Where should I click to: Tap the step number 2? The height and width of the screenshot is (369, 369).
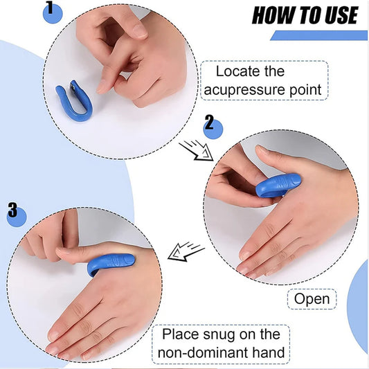pyautogui.click(x=209, y=124)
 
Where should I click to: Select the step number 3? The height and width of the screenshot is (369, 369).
pyautogui.click(x=12, y=210)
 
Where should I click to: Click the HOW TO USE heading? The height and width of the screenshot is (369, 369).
pyautogui.click(x=305, y=15)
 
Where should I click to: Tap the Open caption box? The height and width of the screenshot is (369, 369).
pyautogui.click(x=312, y=299)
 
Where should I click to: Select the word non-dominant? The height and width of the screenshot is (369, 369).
pyautogui.click(x=203, y=353)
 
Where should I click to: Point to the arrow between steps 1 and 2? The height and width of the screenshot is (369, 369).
pyautogui.click(x=195, y=150)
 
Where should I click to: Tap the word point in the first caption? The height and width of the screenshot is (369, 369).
pyautogui.click(x=305, y=90)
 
